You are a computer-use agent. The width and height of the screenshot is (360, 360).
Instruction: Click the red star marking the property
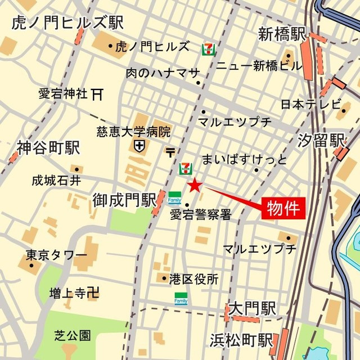[194, 184]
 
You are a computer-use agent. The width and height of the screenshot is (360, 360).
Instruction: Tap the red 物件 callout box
[283, 208]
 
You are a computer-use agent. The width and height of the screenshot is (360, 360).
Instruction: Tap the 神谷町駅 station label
[48, 148]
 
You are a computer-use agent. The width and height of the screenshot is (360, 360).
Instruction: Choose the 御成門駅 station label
[124, 199]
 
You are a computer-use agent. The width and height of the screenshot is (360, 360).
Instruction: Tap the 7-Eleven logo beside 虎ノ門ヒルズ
[209, 48]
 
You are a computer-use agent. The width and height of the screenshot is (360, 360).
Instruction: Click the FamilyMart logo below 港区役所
[181, 298]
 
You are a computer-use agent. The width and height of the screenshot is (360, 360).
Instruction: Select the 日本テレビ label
[311, 104]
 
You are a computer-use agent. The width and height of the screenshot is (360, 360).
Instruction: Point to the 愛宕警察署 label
[200, 215]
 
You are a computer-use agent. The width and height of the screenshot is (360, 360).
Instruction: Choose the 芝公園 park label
[73, 336]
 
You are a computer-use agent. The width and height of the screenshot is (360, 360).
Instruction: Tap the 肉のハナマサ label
[163, 73]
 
